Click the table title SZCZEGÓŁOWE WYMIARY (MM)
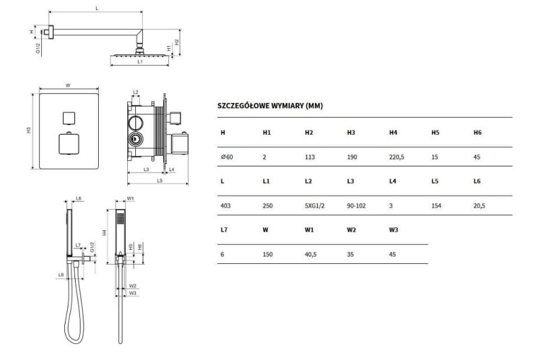point(270,106)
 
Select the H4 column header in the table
point(393,133)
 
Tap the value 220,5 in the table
point(396,158)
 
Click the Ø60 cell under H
point(227,157)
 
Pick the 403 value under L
point(225,206)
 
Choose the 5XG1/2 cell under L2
point(314,206)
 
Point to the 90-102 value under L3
point(356,206)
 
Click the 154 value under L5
point(436,206)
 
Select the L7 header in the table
point(224,230)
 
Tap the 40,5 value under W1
point(310,254)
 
